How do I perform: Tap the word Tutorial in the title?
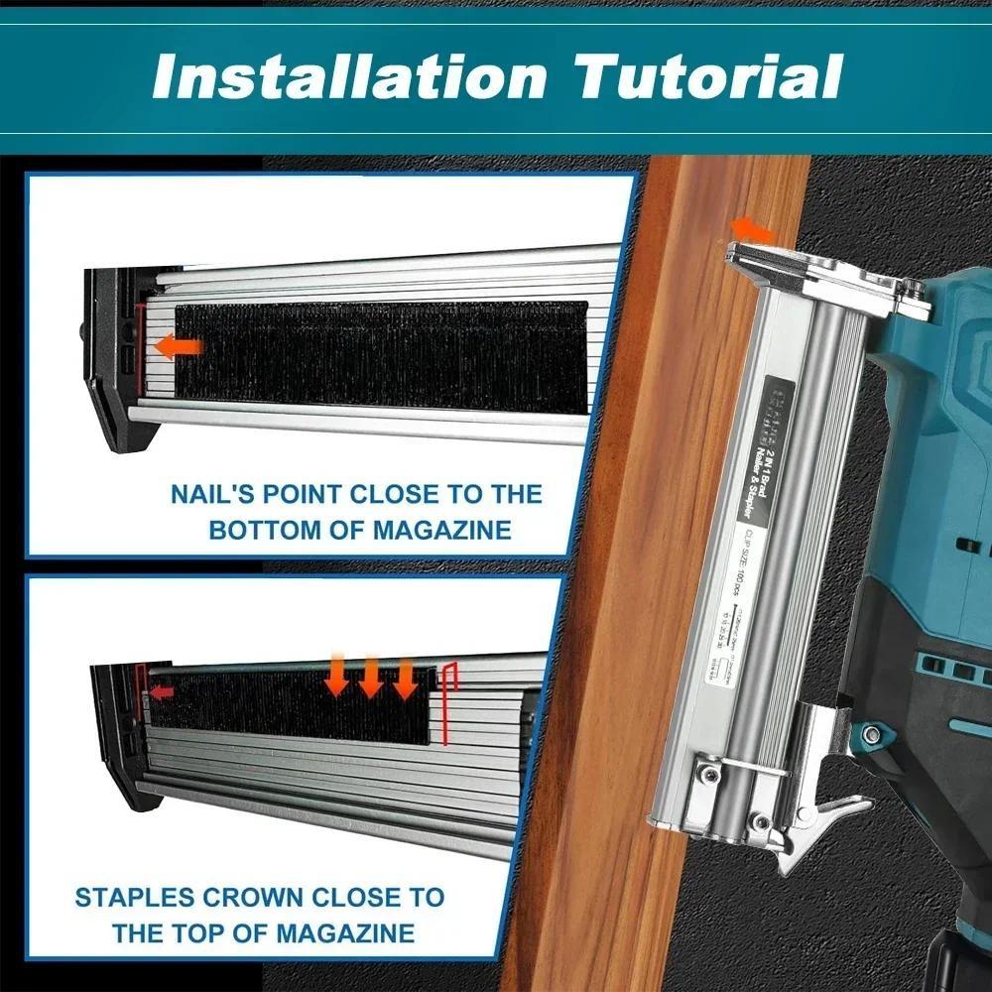710,76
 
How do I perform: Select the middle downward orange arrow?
371,679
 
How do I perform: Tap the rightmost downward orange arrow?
405,679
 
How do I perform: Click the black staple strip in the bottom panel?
288,706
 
